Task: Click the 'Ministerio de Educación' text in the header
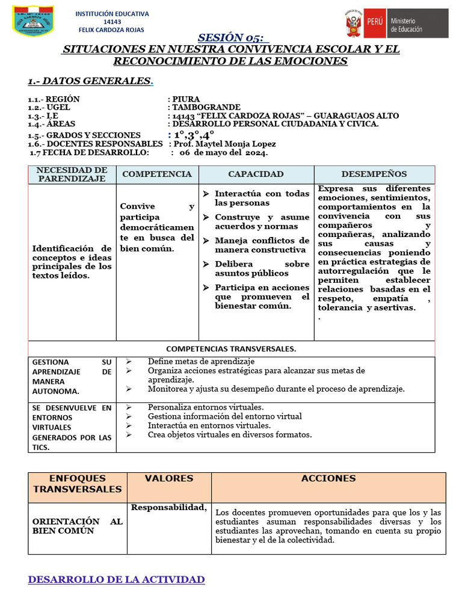(407, 25)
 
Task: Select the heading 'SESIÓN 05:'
(230, 37)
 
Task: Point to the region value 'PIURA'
(186, 99)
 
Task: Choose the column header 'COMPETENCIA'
(157, 174)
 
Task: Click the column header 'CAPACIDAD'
(256, 174)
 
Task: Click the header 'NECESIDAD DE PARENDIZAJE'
(72, 174)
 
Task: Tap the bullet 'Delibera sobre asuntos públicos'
(262, 268)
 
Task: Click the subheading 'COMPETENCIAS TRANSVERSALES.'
(231, 349)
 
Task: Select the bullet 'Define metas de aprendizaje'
(201, 362)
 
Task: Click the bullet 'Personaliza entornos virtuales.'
(206, 407)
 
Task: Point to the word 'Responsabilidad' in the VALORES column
(169, 507)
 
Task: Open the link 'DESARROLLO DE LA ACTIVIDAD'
(116, 579)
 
